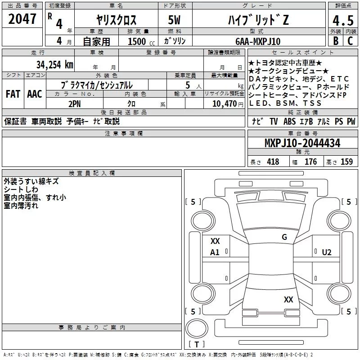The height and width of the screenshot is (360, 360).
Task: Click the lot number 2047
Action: (x=22, y=19)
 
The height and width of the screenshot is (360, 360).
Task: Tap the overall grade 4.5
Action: (x=343, y=21)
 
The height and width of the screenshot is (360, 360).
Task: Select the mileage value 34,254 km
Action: (x=54, y=65)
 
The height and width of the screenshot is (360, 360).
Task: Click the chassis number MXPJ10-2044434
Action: (x=302, y=143)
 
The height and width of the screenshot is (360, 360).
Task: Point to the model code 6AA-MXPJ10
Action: (x=258, y=41)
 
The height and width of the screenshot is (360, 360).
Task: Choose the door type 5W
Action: (x=174, y=20)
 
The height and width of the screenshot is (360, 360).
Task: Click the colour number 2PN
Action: (x=75, y=104)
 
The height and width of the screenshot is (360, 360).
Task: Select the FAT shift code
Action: (x=13, y=94)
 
